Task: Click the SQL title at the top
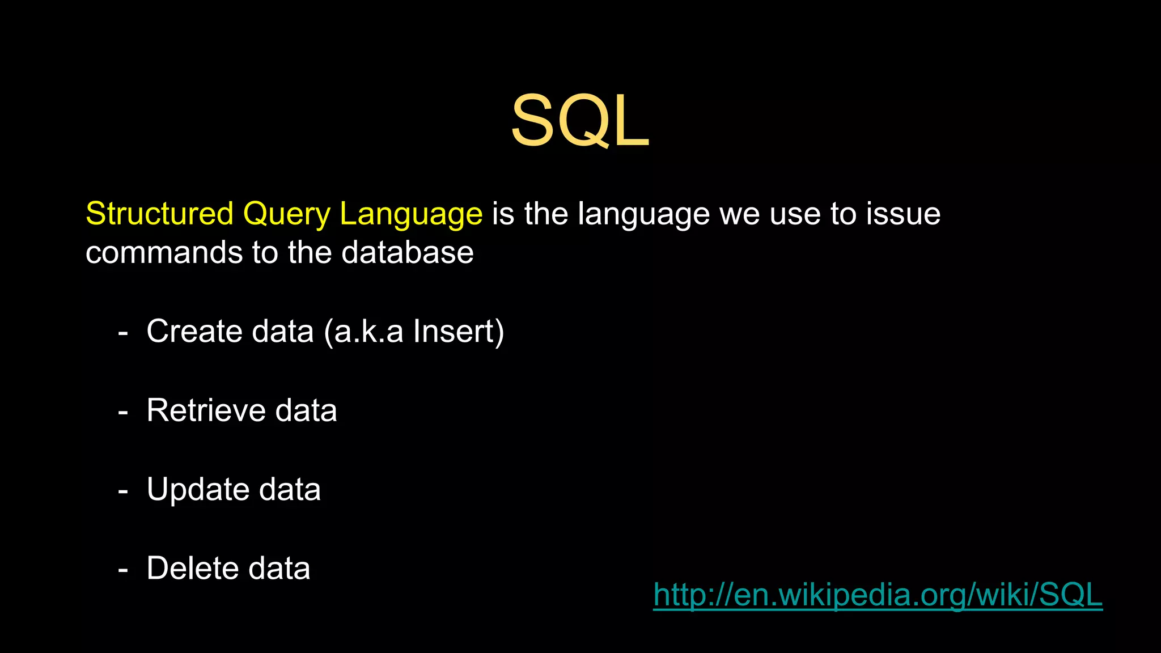[580, 121]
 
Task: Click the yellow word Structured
[159, 214]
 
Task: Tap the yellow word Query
[286, 215]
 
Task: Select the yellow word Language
[411, 215]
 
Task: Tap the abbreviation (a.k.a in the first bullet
[363, 332]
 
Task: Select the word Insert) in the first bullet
[458, 332]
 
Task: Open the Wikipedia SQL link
[878, 595]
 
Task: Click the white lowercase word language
[643, 215]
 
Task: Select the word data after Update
[290, 489]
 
